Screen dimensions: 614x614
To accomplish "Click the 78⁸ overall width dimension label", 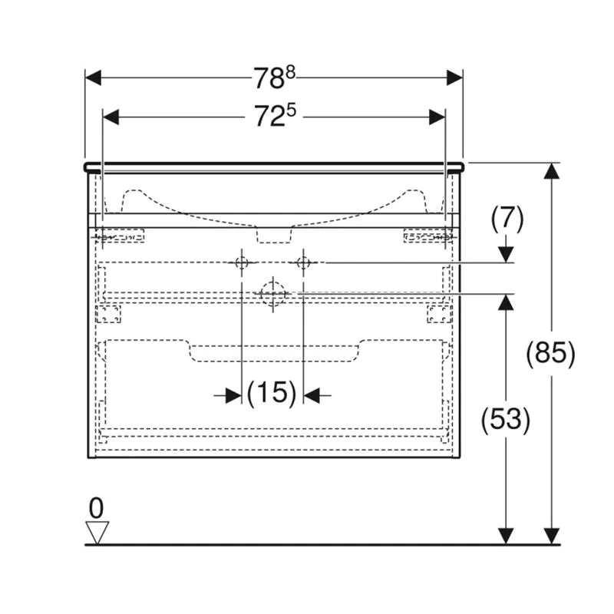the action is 274,78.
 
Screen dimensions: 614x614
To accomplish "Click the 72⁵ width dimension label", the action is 275,116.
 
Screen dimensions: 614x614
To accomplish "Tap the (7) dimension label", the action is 507,219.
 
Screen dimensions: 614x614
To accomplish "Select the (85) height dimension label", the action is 550,353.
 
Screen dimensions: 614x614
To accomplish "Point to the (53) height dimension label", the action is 506,419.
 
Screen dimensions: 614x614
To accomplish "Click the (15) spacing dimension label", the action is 272,393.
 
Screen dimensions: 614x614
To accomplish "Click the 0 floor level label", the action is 97,508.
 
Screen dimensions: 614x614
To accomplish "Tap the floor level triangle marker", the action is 97,533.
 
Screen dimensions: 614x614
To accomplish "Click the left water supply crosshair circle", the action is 242,262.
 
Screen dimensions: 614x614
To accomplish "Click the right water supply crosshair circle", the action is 303,262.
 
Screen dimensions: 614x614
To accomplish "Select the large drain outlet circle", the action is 273,293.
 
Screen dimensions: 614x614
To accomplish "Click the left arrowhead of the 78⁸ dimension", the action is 93,78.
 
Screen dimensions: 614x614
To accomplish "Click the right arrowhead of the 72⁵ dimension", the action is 437,117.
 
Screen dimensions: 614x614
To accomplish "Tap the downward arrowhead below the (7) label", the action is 507,255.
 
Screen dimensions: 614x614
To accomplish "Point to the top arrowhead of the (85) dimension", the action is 551,170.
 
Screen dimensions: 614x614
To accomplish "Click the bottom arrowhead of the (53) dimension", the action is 506,536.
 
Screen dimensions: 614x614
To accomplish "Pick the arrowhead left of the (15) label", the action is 233,395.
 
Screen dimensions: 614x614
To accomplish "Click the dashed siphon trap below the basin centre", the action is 274,234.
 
